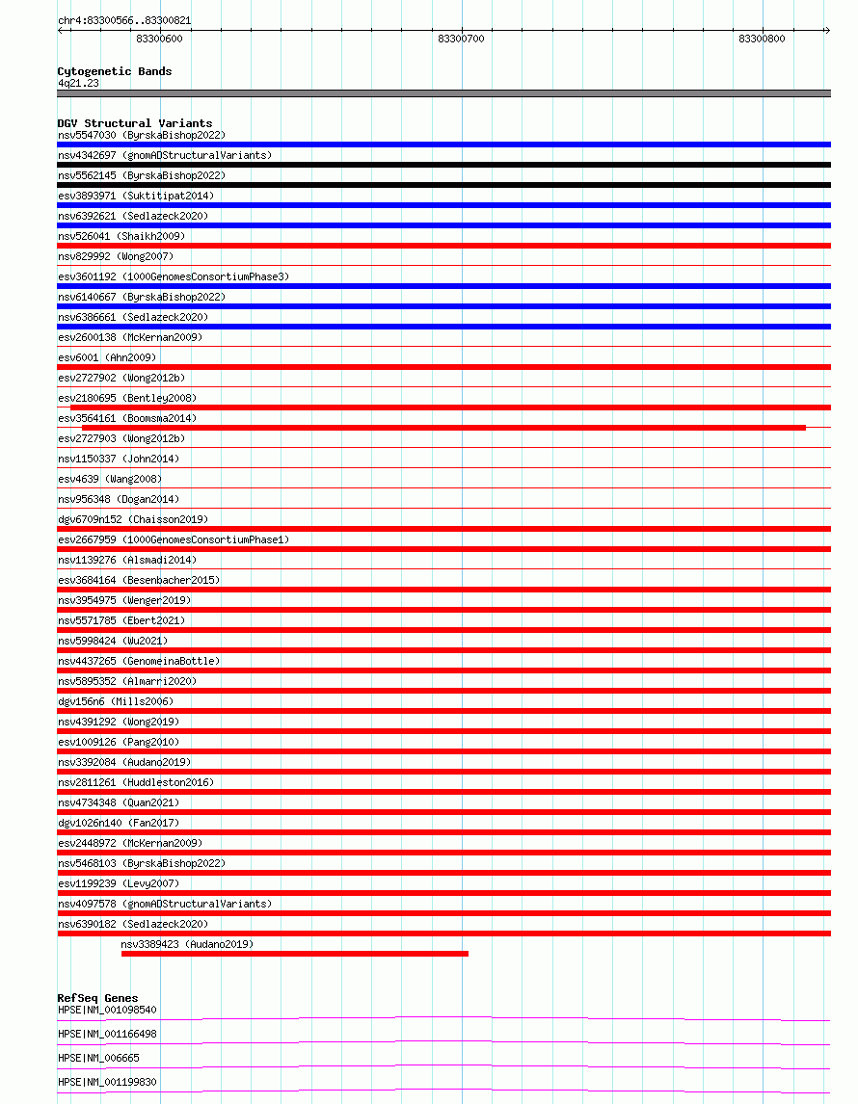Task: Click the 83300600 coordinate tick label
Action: click(x=159, y=39)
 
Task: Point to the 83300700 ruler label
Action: click(x=461, y=39)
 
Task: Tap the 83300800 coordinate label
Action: click(x=762, y=39)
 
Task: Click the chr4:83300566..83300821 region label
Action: click(x=110, y=20)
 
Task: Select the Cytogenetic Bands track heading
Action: click(x=115, y=71)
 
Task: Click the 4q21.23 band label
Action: click(x=78, y=83)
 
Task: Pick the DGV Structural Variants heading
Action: click(x=135, y=123)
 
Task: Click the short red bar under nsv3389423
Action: click(x=294, y=954)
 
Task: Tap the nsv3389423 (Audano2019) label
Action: click(x=187, y=944)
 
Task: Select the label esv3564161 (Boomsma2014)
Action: click(x=127, y=418)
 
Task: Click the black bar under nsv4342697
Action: click(x=443, y=165)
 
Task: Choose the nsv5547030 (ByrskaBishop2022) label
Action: click(x=142, y=135)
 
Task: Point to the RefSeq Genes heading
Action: click(x=97, y=998)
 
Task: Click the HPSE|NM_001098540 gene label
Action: click(x=107, y=1010)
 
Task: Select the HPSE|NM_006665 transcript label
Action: click(x=98, y=1058)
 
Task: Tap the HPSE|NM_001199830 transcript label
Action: click(x=107, y=1082)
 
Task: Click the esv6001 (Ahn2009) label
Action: click(x=107, y=357)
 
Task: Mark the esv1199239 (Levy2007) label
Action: click(x=119, y=883)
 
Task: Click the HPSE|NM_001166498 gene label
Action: click(x=107, y=1034)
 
